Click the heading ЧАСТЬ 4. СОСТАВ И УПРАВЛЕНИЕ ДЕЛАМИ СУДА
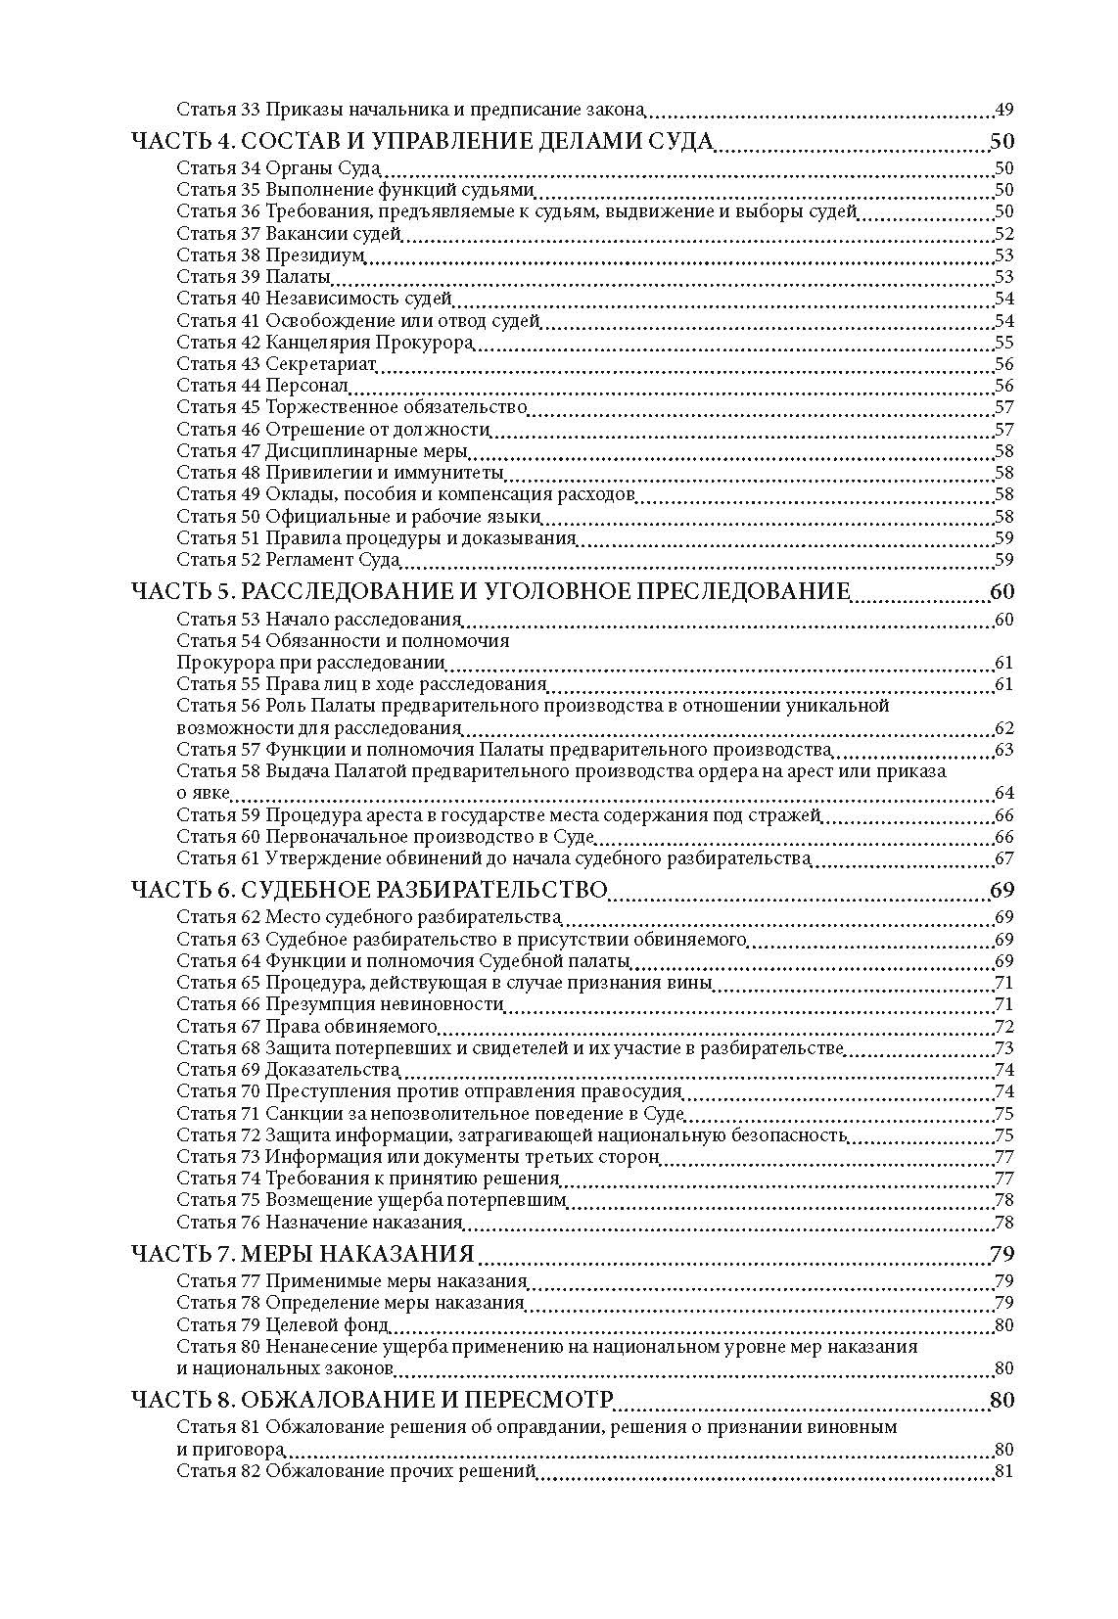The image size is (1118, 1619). [x=421, y=140]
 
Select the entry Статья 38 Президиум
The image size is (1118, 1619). [x=270, y=255]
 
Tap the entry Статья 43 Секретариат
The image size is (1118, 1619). [x=276, y=364]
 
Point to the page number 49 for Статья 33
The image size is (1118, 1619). [x=1003, y=110]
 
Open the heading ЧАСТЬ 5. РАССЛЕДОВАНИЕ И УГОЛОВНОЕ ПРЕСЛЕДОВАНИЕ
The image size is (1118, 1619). [x=489, y=591]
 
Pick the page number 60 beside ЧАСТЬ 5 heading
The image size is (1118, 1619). [x=1002, y=591]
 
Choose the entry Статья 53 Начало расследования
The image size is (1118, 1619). [x=318, y=619]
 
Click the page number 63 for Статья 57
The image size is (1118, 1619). [x=1003, y=750]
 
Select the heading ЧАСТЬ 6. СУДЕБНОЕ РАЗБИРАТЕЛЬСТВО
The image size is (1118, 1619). [x=369, y=890]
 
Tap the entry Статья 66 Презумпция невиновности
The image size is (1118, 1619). [x=340, y=1004]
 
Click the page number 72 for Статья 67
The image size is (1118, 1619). [x=1003, y=1026]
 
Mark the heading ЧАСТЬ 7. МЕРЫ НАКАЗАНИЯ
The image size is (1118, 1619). [x=303, y=1254]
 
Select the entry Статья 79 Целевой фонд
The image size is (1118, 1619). [x=282, y=1325]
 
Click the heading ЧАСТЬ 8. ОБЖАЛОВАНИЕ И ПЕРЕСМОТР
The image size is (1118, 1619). [x=372, y=1400]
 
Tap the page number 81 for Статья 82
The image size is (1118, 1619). [x=1003, y=1471]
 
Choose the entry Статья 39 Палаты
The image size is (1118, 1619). [x=253, y=277]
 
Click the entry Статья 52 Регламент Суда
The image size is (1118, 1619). [x=288, y=560]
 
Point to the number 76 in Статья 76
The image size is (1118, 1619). [x=251, y=1222]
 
